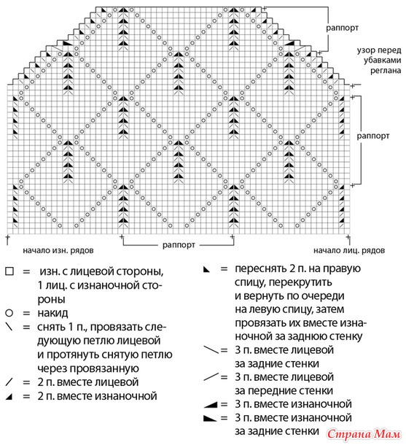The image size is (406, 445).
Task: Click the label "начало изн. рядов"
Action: (x=58, y=251)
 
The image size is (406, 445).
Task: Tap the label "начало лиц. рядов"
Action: (x=349, y=251)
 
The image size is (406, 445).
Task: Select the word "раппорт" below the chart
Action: (x=179, y=245)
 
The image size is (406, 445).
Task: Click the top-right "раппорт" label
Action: (x=342, y=28)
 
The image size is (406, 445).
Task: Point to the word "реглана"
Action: (x=386, y=71)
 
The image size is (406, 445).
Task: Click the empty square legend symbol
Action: (x=9, y=271)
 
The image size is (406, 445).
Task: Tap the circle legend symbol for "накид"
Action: (x=9, y=313)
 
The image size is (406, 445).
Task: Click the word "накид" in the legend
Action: (x=52, y=313)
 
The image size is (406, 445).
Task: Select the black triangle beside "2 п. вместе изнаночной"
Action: (x=9, y=396)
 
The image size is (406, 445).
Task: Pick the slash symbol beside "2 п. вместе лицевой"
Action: (x=9, y=382)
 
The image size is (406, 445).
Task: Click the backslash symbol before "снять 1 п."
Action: (x=9, y=327)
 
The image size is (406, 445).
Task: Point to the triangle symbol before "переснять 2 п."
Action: (x=207, y=269)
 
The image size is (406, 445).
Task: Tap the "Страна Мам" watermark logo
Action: (x=364, y=434)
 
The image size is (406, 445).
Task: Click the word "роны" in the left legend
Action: (x=51, y=299)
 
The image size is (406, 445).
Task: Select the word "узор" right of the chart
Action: (x=365, y=51)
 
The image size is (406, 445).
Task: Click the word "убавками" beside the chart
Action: (x=383, y=60)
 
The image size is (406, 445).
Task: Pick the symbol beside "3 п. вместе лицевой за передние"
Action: (x=211, y=377)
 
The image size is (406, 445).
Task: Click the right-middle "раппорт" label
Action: (x=372, y=136)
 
